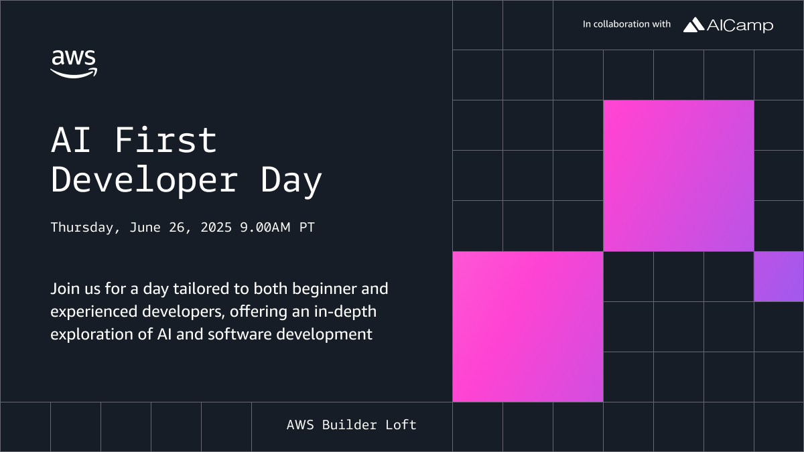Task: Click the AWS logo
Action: click(x=74, y=64)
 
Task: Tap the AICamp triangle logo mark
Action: click(x=693, y=25)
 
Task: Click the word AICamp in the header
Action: click(x=740, y=25)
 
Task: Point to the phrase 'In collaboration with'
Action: click(x=626, y=24)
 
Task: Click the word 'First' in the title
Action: click(x=165, y=140)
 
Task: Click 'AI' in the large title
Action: click(x=70, y=140)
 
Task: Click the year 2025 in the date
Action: click(x=216, y=228)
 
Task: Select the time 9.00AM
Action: click(x=265, y=228)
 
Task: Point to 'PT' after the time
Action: click(x=307, y=228)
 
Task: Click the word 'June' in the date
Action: click(x=145, y=228)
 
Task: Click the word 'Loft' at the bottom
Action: click(x=401, y=425)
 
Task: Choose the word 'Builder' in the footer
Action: click(x=350, y=425)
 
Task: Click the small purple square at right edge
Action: click(x=779, y=277)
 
